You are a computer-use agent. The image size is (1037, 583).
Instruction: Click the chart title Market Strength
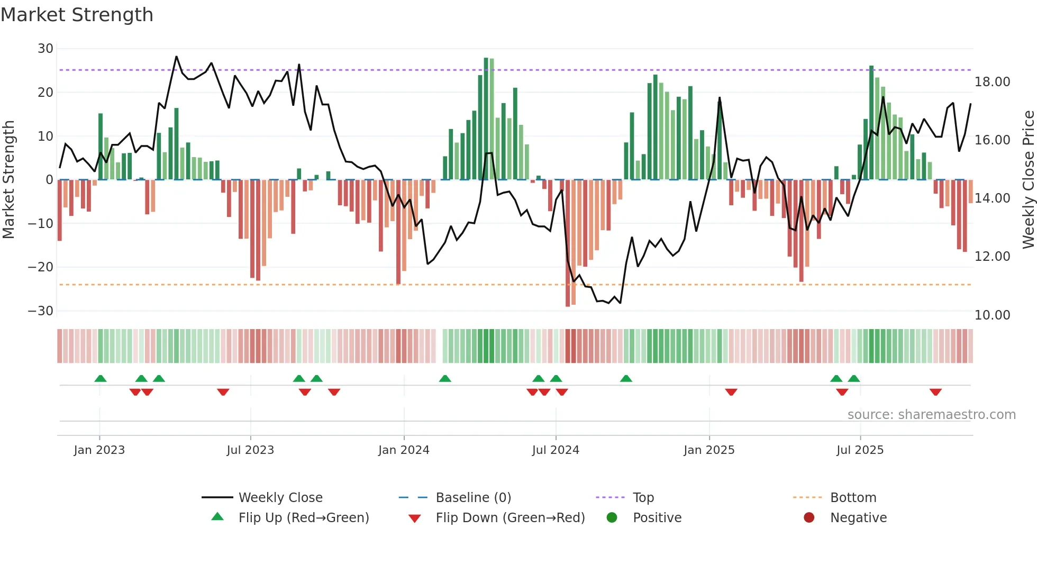(77, 15)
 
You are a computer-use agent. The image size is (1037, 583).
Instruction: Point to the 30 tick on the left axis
(46, 49)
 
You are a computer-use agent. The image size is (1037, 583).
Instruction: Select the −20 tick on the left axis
(41, 267)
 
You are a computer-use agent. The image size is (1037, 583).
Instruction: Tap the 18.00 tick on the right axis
(992, 82)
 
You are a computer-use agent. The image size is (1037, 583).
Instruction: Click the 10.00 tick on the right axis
(992, 315)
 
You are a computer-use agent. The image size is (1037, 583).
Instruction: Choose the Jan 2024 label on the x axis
(404, 450)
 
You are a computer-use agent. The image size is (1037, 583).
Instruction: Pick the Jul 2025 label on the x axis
(860, 450)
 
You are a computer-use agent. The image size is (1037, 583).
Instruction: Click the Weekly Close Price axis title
(1028, 180)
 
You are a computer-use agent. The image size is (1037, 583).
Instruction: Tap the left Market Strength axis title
(9, 180)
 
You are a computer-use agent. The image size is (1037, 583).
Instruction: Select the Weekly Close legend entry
(280, 498)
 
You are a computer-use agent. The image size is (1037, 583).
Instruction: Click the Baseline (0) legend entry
(473, 498)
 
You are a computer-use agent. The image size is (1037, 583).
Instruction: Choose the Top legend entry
(643, 498)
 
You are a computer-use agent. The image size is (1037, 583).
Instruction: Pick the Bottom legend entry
(853, 498)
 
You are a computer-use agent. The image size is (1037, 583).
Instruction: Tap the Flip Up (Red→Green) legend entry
(303, 518)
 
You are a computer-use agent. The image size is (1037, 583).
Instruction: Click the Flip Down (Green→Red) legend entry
(510, 518)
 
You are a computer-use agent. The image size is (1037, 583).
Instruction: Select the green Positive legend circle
(612, 518)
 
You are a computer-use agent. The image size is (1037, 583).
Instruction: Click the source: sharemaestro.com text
(931, 415)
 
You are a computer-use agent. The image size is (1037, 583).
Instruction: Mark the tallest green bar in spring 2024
(486, 119)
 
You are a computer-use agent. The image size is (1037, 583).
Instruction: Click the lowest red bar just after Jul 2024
(568, 243)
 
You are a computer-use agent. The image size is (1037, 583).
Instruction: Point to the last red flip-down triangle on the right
(935, 392)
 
